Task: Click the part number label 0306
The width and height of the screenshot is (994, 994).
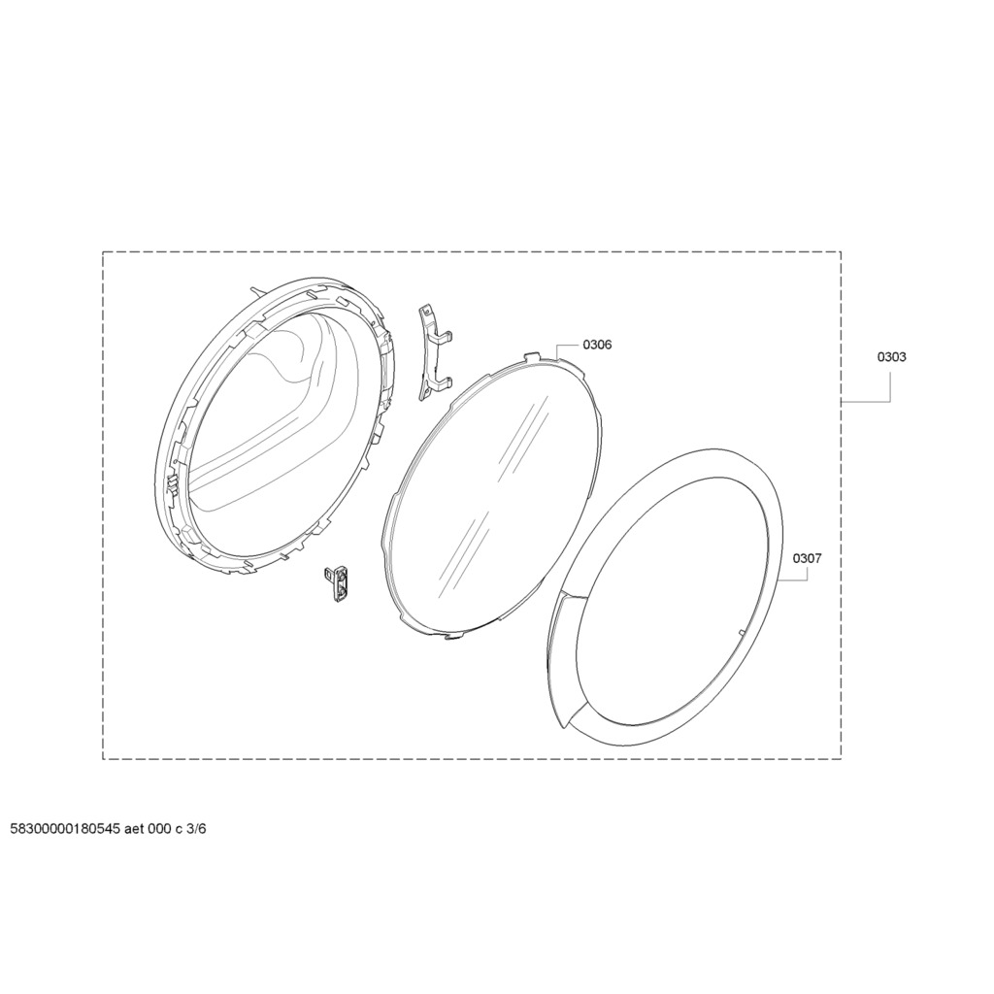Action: click(x=597, y=345)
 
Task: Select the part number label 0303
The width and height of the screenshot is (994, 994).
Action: click(x=891, y=357)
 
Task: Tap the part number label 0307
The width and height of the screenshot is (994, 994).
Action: click(x=807, y=558)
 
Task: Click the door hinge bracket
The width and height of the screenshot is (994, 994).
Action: click(x=435, y=352)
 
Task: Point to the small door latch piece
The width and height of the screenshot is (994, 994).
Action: click(x=337, y=583)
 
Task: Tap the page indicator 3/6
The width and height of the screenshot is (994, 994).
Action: click(x=196, y=829)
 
